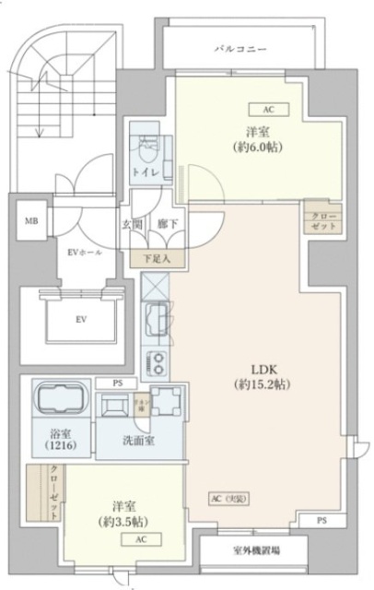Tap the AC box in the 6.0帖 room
point(269,109)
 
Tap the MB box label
point(31,222)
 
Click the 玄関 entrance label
point(132,224)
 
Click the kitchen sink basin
point(156,321)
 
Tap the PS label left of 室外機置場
point(320,521)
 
